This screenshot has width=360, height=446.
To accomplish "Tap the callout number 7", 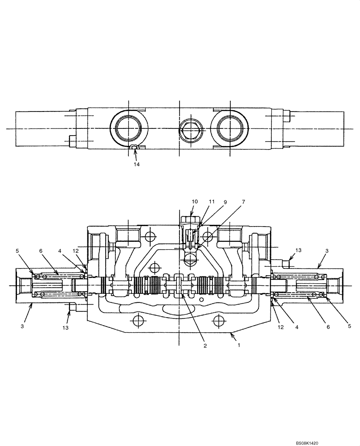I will coord(243,202).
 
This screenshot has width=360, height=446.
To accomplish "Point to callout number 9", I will coord(225,202).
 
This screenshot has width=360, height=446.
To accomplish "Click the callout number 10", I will coord(195,202).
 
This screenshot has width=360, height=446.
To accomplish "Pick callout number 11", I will coord(212,202).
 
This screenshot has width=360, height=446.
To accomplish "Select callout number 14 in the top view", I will coord(136,165).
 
